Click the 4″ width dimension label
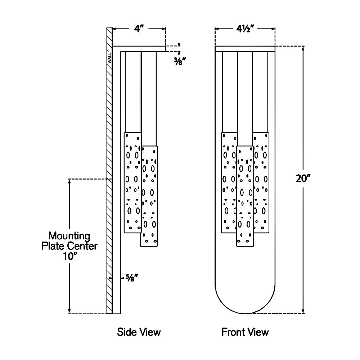click(x=139, y=29)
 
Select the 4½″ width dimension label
click(x=245, y=29)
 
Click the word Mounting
click(x=69, y=236)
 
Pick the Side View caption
click(x=139, y=332)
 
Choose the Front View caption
click(x=245, y=332)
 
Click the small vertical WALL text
click(x=109, y=57)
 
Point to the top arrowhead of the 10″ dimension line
click(x=69, y=181)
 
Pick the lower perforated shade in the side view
click(x=149, y=196)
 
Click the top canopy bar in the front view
click(x=245, y=49)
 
